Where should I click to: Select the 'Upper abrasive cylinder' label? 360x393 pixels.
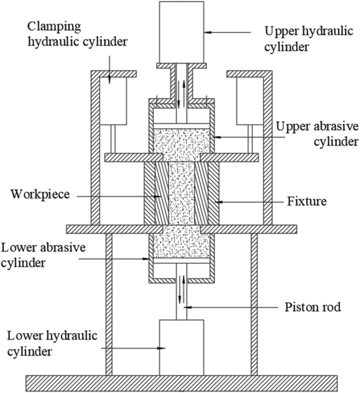click(317, 134)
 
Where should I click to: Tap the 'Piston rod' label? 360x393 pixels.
click(313, 307)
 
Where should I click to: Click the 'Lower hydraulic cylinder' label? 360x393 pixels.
click(53, 343)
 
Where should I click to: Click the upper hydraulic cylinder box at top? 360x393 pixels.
click(181, 31)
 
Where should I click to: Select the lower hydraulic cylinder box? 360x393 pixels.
click(181, 347)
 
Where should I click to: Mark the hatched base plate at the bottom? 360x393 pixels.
click(182, 383)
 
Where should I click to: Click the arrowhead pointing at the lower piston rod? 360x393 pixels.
click(187, 307)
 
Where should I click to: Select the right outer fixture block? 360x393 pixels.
click(213, 193)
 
